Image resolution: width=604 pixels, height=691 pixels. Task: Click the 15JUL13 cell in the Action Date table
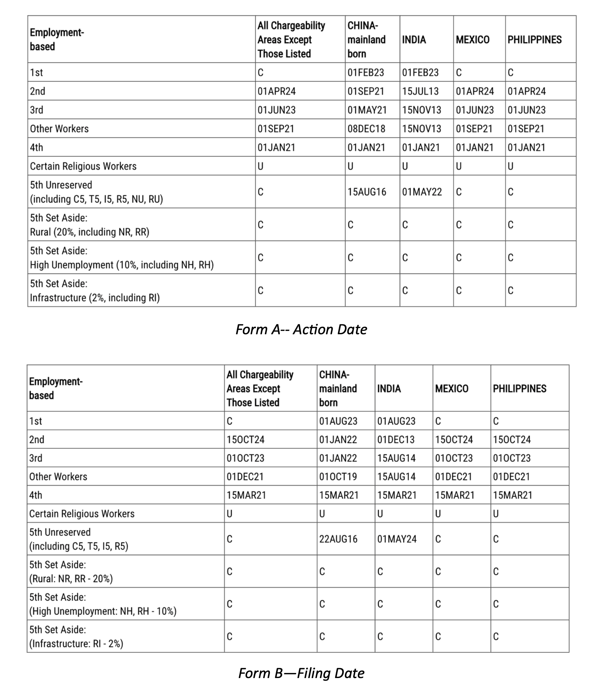tap(420, 91)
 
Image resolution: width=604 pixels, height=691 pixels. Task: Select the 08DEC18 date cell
tap(366, 129)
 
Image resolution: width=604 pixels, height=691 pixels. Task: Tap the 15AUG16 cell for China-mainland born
tap(367, 192)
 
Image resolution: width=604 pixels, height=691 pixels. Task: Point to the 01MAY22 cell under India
tap(422, 192)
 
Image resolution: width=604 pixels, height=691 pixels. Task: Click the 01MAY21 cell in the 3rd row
tap(367, 110)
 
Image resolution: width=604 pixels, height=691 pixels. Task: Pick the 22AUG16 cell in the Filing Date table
tap(338, 539)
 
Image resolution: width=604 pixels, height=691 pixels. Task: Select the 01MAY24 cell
tap(397, 539)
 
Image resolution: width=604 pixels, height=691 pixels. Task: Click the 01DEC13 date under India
tap(396, 439)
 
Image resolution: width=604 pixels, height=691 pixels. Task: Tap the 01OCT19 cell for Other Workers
tap(338, 476)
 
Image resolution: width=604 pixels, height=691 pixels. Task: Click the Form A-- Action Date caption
tap(301, 329)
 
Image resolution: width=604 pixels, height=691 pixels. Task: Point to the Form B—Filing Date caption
tap(301, 673)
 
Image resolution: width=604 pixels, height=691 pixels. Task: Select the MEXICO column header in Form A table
tap(473, 40)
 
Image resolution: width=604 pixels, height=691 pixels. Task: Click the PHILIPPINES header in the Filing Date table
tap(519, 388)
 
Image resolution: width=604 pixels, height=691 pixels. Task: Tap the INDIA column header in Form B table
tap(389, 388)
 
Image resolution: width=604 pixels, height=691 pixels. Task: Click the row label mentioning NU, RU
tap(96, 199)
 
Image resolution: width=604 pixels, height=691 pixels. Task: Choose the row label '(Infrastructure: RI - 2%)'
tap(76, 644)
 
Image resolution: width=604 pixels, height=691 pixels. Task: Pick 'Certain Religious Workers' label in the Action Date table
tap(83, 166)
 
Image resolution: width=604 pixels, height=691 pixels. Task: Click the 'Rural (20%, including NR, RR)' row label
tap(89, 232)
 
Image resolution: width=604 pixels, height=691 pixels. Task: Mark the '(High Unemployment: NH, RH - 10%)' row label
tap(103, 611)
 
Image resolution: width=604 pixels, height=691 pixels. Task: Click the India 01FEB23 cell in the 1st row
tap(420, 72)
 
